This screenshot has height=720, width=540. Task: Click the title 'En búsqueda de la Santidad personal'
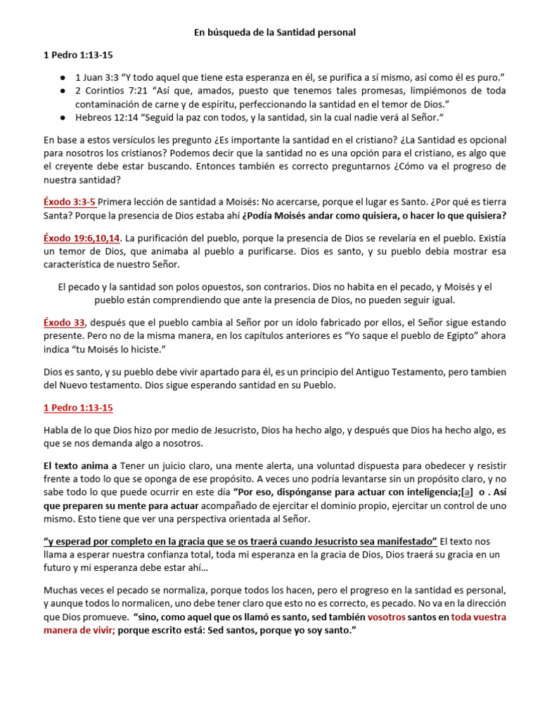tap(275, 32)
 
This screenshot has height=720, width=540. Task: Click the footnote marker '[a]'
tap(465, 491)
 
